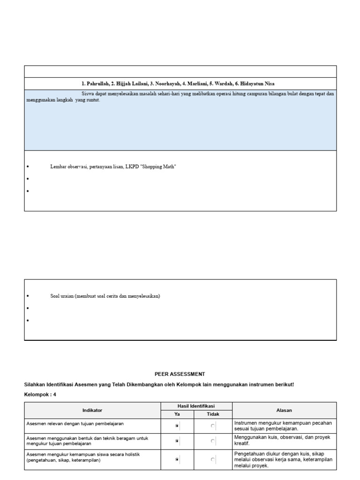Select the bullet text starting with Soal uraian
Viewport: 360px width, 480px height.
(105, 296)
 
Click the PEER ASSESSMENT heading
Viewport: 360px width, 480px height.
(180, 374)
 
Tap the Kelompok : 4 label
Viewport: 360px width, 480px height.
(40, 395)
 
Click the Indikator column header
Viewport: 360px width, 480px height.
(92, 410)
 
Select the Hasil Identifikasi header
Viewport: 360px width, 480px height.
(196, 406)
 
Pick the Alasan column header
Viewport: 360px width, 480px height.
(284, 410)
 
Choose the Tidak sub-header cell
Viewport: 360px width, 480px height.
(213, 414)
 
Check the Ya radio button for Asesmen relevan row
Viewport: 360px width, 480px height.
(177, 426)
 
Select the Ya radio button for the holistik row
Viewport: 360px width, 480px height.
(177, 460)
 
